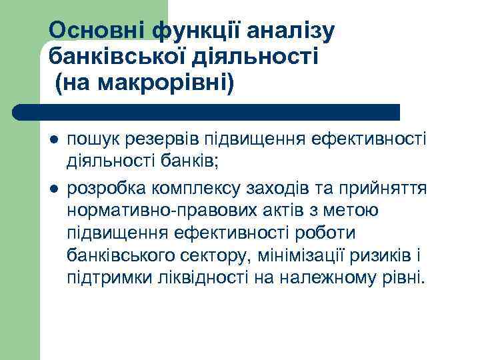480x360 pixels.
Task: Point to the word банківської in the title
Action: click(117, 56)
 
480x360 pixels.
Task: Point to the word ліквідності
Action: click(199, 277)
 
